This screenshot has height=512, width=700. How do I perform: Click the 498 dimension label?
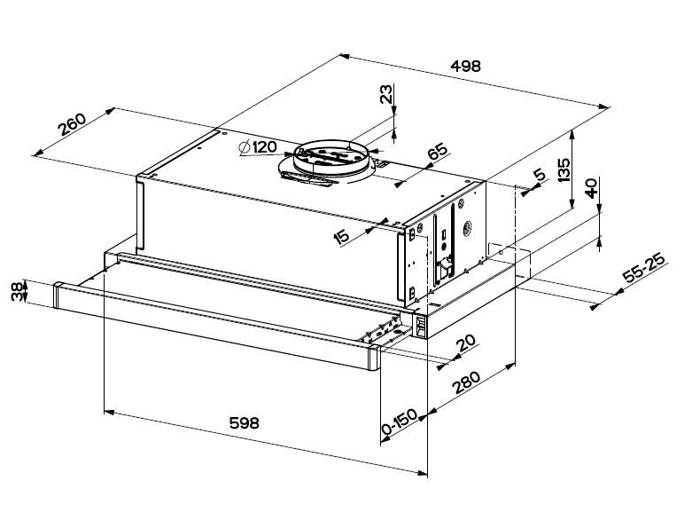point(465,67)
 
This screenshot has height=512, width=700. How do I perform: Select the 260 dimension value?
point(72,124)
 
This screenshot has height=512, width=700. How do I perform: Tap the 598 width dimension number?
point(244,422)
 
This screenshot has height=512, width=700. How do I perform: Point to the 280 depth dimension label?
point(466,382)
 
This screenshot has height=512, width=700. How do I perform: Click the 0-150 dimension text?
point(399,421)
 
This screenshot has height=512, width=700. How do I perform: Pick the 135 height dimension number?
point(564,169)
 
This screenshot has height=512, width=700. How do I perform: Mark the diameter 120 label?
point(258,147)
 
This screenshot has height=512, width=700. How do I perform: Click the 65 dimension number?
point(437,151)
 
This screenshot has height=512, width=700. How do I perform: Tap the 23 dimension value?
point(386,94)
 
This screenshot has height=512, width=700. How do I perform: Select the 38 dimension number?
point(18,291)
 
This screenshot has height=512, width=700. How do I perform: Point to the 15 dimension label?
point(341,237)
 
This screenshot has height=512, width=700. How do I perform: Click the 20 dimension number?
point(466,343)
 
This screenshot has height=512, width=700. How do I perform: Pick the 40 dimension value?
point(591,188)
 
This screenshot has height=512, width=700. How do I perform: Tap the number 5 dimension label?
point(540,175)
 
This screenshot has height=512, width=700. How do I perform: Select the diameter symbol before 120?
point(245,147)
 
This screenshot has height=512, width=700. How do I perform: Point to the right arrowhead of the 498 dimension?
point(604,106)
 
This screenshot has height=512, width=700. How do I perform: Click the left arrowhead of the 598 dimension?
point(109,412)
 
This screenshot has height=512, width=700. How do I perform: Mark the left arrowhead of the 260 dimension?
point(38,153)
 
